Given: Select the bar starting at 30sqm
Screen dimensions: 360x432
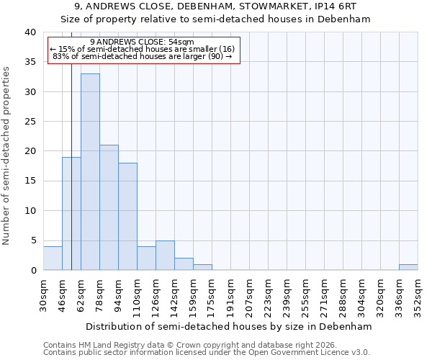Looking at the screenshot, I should pos(53,258).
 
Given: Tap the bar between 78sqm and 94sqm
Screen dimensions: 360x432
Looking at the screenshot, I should pos(109,207).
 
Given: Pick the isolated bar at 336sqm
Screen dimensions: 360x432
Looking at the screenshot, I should pos(408,267).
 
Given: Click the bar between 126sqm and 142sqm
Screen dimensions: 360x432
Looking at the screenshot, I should pos(165,256).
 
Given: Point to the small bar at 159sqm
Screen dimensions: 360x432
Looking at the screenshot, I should pos(202,267).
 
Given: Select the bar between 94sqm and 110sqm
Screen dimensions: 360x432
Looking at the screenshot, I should pos(127,216).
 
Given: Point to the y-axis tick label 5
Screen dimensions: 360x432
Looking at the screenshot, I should pos(33,240).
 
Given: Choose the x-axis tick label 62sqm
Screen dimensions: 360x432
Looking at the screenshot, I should pos(81,295).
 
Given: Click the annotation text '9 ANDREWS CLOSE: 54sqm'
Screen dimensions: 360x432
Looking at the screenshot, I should pos(142,42).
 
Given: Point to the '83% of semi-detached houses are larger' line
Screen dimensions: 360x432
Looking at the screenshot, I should pos(143,56).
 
